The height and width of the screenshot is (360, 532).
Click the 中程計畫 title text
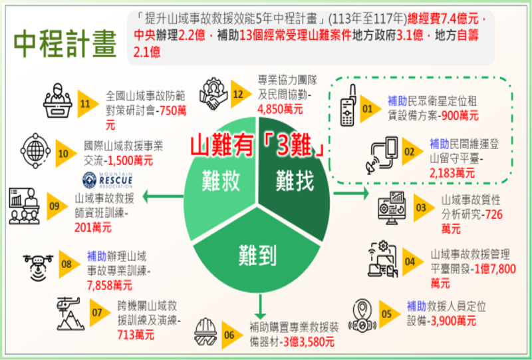coord(65,43)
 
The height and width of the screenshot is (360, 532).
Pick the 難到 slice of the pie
coord(258,254)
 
